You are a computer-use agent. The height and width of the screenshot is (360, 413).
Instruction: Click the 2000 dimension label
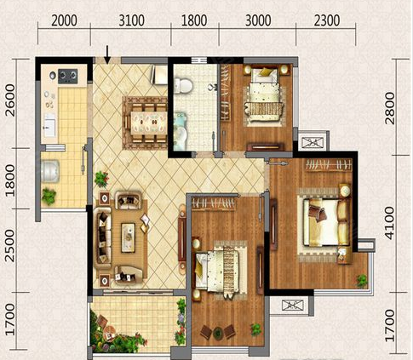coord(64,20)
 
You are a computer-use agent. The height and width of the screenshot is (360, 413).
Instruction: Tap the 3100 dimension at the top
coord(131,20)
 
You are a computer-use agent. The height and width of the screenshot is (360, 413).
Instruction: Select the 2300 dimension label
coord(327,20)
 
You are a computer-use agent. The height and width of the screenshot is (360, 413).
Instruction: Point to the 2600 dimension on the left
coord(10,100)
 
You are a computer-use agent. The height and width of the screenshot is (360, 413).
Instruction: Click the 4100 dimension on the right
coord(390,223)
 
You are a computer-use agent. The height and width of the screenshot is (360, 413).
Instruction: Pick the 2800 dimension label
coord(390,108)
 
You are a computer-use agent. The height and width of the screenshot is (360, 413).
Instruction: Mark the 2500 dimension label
coord(10,246)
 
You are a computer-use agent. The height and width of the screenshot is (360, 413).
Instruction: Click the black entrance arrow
coord(107,54)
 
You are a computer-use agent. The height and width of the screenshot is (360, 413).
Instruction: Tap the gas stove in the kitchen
coord(68,76)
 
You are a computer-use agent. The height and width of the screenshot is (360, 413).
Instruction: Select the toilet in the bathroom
coord(183,85)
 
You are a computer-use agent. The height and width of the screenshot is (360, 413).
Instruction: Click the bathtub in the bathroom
coord(181,131)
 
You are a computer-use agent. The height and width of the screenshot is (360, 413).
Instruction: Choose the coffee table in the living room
coord(128,237)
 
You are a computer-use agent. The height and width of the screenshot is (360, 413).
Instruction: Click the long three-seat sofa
coord(103,237)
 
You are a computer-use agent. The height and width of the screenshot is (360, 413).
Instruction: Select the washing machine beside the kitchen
coord(50,171)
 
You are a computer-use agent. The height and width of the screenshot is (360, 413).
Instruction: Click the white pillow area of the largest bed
coord(344,222)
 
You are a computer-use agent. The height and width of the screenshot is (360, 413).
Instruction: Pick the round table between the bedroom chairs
coord(218,334)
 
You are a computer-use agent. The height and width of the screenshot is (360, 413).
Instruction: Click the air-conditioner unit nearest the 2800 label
coord(312,142)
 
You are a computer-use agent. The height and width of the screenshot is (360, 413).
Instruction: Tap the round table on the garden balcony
coord(109,330)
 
